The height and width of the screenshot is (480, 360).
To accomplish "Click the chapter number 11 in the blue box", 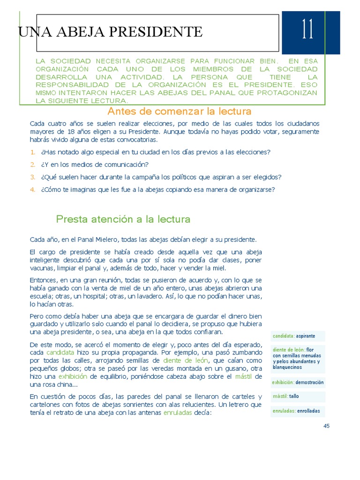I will tap(307, 31).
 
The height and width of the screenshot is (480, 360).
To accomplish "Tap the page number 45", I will tap(327, 426).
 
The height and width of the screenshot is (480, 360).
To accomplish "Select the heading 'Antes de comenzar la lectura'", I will tap(180, 112).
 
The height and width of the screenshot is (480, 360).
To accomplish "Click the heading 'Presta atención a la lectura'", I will tap(123, 219).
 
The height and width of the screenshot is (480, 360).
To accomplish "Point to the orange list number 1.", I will tap(33, 152).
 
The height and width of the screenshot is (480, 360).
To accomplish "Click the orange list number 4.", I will tap(33, 190).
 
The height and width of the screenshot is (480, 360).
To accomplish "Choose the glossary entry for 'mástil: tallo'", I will tap(285, 396).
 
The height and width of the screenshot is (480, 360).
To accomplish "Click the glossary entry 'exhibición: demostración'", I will tap(298, 382).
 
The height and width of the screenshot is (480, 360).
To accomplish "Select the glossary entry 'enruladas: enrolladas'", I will tap(296, 411).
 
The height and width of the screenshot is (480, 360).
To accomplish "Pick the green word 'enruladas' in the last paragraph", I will tap(178, 412).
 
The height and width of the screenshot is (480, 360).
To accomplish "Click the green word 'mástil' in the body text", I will tap(243, 376).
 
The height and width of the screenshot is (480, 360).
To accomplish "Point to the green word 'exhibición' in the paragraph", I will tap(73, 376).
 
